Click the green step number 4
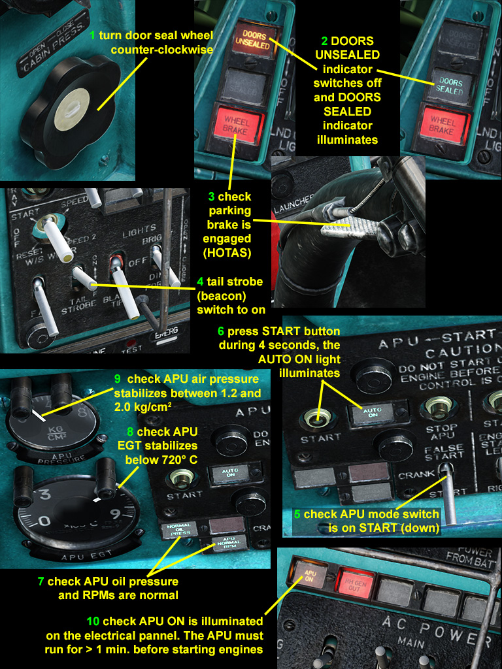coord(201,282)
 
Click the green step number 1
coord(92,34)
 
